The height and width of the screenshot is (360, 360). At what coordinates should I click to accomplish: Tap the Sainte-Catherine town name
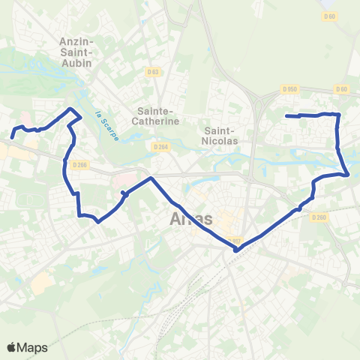click(155, 115)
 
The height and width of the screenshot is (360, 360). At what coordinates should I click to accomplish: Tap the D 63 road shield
click(154, 72)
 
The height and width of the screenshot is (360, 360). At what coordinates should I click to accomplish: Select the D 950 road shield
click(290, 89)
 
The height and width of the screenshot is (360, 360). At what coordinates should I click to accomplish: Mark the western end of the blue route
click(13, 137)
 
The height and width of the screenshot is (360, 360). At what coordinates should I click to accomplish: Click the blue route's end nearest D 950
click(287, 115)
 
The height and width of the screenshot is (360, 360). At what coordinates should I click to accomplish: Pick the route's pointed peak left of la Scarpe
click(73, 109)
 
